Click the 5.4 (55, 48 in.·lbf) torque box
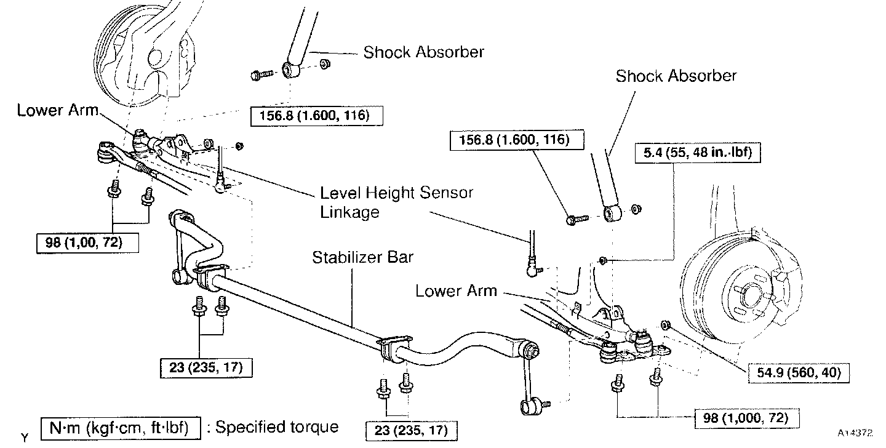[698, 153]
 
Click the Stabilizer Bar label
[362, 257]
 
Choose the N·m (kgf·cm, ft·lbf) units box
[121, 426]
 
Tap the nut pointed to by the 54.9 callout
[664, 325]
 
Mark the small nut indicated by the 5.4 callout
[603, 262]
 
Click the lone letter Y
[24, 438]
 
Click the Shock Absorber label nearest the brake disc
[676, 76]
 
